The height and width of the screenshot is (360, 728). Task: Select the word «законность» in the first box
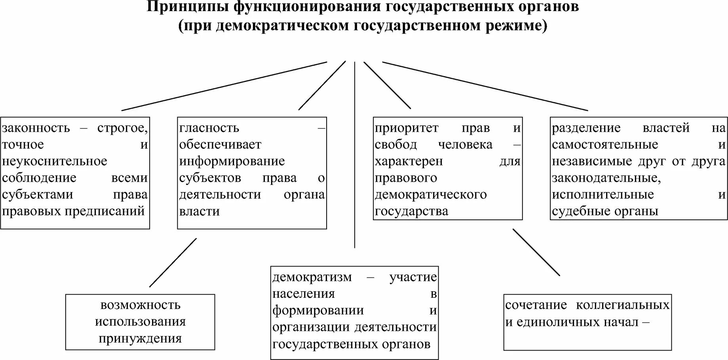tap(36, 128)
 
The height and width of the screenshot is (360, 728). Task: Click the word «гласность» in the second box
tap(209, 128)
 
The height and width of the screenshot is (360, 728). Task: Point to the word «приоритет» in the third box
tap(407, 128)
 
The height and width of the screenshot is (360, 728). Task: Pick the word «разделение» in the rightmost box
tap(586, 128)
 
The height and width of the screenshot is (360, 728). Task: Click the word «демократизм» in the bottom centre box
tap(312, 277)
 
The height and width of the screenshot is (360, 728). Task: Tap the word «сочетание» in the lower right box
tap(536, 305)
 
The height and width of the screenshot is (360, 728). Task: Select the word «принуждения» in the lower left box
tap(140, 339)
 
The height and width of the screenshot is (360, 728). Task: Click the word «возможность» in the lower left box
tap(140, 305)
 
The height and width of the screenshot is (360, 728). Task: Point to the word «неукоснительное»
tap(55, 162)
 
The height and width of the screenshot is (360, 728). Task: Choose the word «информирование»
tap(232, 162)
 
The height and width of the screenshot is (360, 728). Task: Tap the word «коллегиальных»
tap(623, 305)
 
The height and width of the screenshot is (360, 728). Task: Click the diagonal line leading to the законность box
tap(224, 86)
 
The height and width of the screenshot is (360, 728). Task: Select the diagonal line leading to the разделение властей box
tap(485, 86)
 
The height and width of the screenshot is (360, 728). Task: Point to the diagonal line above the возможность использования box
tap(173, 262)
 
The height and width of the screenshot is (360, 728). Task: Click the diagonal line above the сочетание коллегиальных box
tap(536, 252)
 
